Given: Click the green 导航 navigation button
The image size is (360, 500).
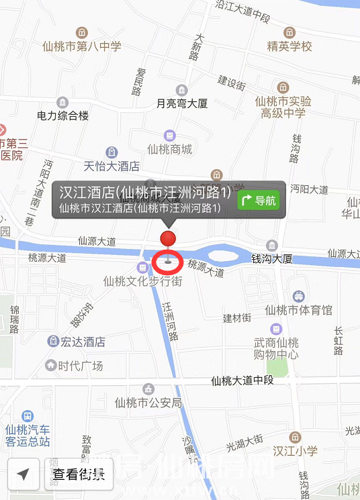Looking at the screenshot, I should [259, 199].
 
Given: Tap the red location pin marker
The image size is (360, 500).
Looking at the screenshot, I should [168, 240].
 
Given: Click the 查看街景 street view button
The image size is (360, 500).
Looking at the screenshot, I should [79, 475].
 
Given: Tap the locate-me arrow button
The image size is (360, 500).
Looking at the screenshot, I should [24, 475].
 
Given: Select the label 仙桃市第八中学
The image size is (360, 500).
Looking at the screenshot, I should [81, 46].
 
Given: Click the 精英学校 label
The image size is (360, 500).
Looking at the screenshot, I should [289, 46].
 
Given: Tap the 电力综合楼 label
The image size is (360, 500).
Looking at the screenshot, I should [62, 115].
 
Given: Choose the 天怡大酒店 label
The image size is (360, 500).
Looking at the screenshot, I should [111, 165].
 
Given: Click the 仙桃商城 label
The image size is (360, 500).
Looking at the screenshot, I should [169, 149].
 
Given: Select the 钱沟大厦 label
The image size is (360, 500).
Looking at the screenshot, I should [271, 258].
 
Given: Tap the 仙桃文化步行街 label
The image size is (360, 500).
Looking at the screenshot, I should [142, 281].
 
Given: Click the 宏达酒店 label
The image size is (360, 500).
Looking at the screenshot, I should [83, 342].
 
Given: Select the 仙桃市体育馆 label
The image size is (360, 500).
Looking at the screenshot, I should [298, 310].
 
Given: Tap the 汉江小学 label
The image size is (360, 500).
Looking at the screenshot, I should [295, 451].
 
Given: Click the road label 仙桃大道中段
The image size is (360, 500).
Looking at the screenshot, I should [242, 381].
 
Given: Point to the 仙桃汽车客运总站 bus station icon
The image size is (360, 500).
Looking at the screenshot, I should [28, 417].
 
